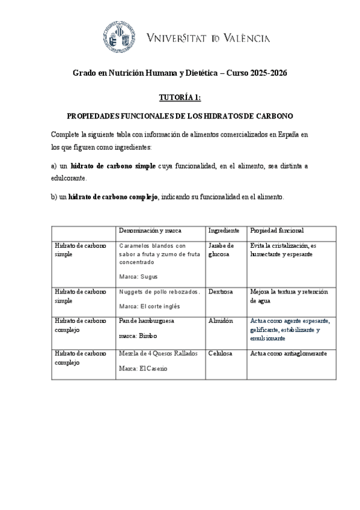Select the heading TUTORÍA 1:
click(x=180, y=96)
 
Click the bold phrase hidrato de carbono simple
click(x=113, y=165)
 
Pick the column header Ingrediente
click(x=224, y=230)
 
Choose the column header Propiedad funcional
click(x=277, y=230)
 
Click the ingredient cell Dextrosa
click(x=221, y=292)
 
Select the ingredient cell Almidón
click(x=220, y=321)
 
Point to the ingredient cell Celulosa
click(x=221, y=354)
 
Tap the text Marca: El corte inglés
click(x=150, y=306)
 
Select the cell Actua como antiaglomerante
click(x=288, y=354)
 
